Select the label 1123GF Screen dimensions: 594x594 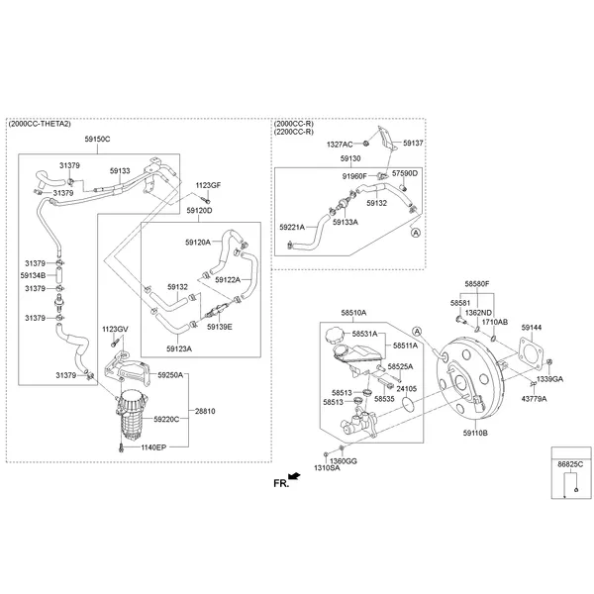[x=208, y=185]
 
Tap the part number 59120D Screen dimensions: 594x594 [x=200, y=211]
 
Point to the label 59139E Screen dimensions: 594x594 [x=220, y=326]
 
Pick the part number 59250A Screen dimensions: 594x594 [x=170, y=374]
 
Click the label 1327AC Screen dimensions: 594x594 [x=342, y=144]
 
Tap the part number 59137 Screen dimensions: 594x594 [x=413, y=144]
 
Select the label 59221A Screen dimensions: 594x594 [x=292, y=226]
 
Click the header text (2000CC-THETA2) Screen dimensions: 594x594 [x=42, y=125]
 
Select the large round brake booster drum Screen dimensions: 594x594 [x=465, y=381]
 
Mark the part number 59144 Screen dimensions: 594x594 [x=532, y=327]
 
